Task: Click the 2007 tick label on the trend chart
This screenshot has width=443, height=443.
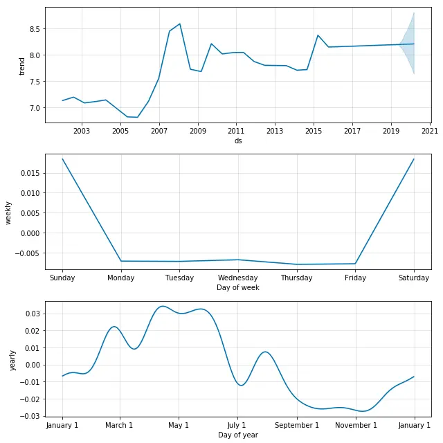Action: coord(159,131)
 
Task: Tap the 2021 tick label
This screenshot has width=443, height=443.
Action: coord(429,131)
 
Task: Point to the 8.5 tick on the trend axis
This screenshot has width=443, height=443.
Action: coord(32,29)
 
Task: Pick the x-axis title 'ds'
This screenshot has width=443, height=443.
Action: coord(238,141)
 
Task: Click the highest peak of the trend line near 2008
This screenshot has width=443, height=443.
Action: coord(180,24)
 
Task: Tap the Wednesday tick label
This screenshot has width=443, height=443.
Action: coord(238,278)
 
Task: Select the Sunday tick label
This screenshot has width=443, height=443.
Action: coord(62,278)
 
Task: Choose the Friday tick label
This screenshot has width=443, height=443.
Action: coord(355,278)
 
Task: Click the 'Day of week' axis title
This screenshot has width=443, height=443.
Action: coord(238,287)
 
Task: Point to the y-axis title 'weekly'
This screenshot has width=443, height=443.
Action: coord(10,212)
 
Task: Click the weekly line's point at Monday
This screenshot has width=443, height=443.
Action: coord(122,261)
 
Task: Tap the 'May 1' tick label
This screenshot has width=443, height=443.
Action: coord(179,425)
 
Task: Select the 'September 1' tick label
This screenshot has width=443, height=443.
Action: coord(297,425)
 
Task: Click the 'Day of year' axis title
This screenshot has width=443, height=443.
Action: coord(238,435)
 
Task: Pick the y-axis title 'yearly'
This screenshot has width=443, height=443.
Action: coord(12,360)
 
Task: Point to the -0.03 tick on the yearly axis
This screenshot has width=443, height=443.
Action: coord(30,416)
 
